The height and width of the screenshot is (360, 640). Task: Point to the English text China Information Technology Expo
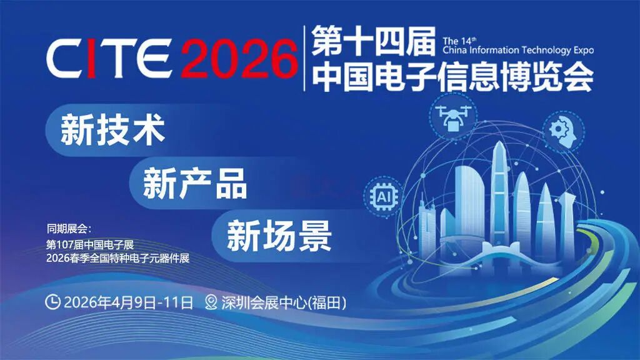(518, 51)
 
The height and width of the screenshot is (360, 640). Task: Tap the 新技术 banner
(112, 131)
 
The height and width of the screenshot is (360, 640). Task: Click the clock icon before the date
(54, 303)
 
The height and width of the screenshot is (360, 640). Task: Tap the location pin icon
(211, 303)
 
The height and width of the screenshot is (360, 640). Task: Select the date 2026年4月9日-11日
(128, 303)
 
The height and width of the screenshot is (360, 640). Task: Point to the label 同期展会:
(69, 227)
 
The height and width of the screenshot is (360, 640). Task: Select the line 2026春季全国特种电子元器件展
(117, 257)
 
